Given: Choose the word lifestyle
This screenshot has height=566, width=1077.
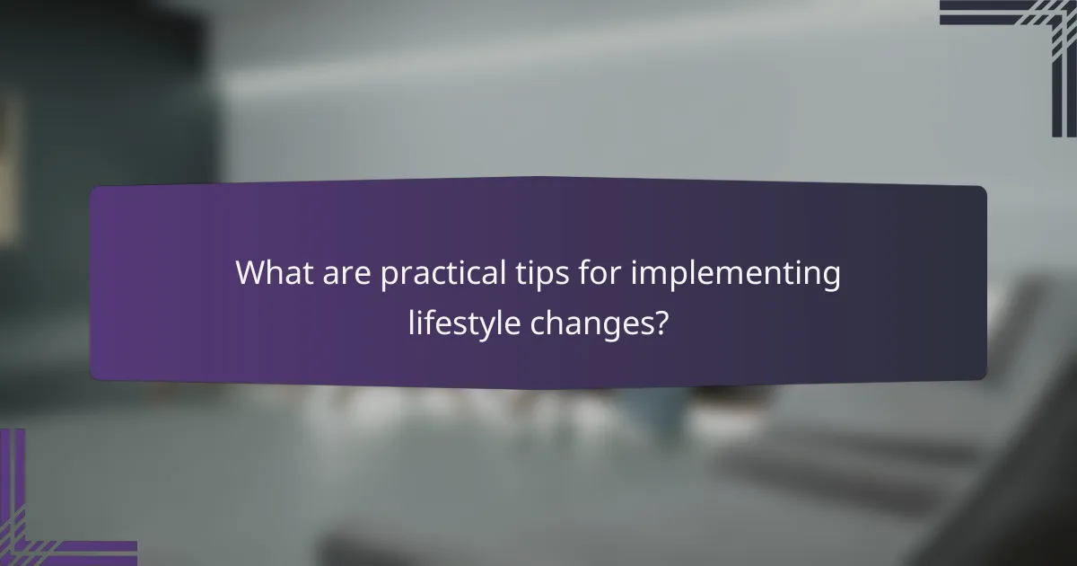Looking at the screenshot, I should pyautogui.click(x=464, y=321).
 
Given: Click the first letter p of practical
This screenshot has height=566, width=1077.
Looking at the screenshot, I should pyautogui.click(x=389, y=278).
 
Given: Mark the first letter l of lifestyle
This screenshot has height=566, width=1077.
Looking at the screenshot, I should pyautogui.click(x=411, y=319).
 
